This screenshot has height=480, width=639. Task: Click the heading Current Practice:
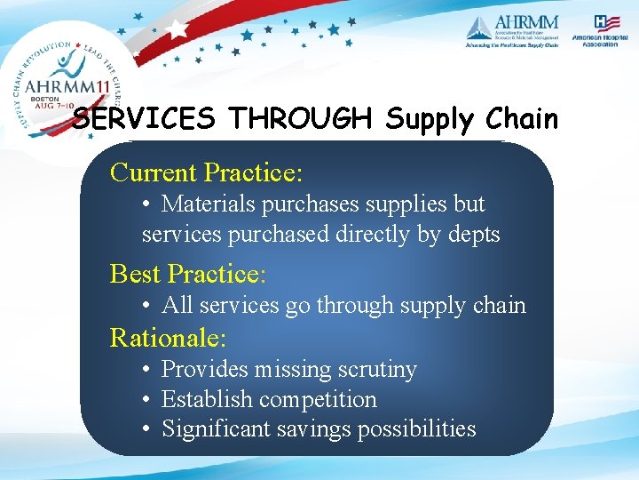[x=206, y=171]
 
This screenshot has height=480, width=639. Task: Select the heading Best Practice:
[x=187, y=273]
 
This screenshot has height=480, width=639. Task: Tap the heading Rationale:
[x=168, y=338]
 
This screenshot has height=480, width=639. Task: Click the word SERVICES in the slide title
[x=146, y=119]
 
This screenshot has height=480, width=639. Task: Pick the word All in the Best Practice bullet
[x=177, y=305]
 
